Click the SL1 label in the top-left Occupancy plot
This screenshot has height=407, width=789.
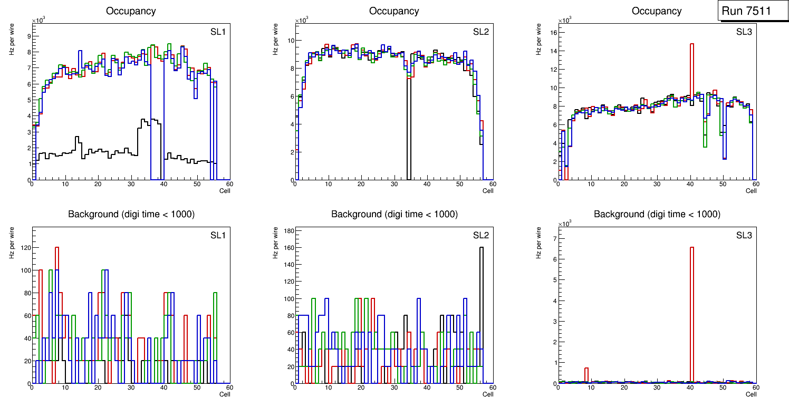tap(218, 32)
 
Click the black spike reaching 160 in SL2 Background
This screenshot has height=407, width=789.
tap(482, 295)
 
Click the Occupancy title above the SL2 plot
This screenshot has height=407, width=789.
tap(394, 11)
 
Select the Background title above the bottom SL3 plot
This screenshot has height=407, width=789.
tap(657, 214)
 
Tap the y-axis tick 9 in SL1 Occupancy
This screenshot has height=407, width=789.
tap(28, 36)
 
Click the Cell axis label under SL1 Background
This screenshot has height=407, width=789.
tap(225, 394)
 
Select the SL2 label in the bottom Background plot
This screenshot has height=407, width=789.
tap(480, 235)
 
